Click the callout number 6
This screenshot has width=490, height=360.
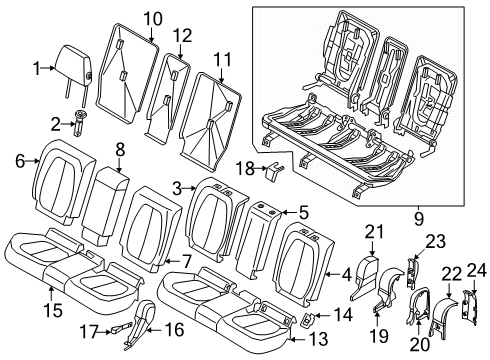tap(17, 159)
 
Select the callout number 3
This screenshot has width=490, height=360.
tap(177, 187)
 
